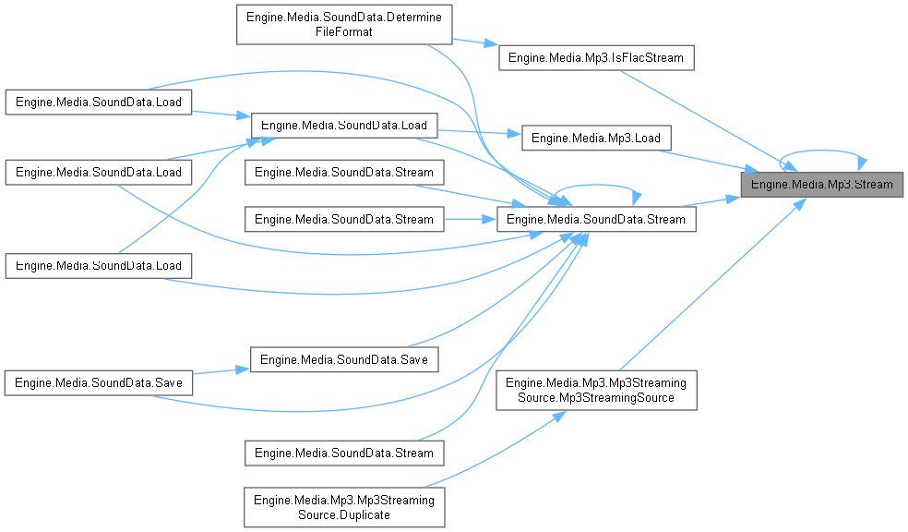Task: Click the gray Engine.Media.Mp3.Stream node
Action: pyautogui.click(x=822, y=184)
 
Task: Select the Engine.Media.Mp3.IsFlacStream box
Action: pyautogui.click(x=596, y=58)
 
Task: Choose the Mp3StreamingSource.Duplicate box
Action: pyautogui.click(x=344, y=506)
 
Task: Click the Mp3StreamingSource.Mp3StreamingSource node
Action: pyautogui.click(x=596, y=391)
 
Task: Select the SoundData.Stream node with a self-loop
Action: pyautogui.click(x=596, y=220)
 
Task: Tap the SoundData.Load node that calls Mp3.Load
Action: pyautogui.click(x=344, y=125)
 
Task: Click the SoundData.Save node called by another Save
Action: pyautogui.click(x=344, y=358)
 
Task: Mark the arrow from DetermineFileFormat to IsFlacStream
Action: pyautogui.click(x=475, y=44)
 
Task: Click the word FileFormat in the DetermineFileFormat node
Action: pyautogui.click(x=344, y=31)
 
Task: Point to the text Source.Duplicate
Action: pyautogui.click(x=344, y=514)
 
